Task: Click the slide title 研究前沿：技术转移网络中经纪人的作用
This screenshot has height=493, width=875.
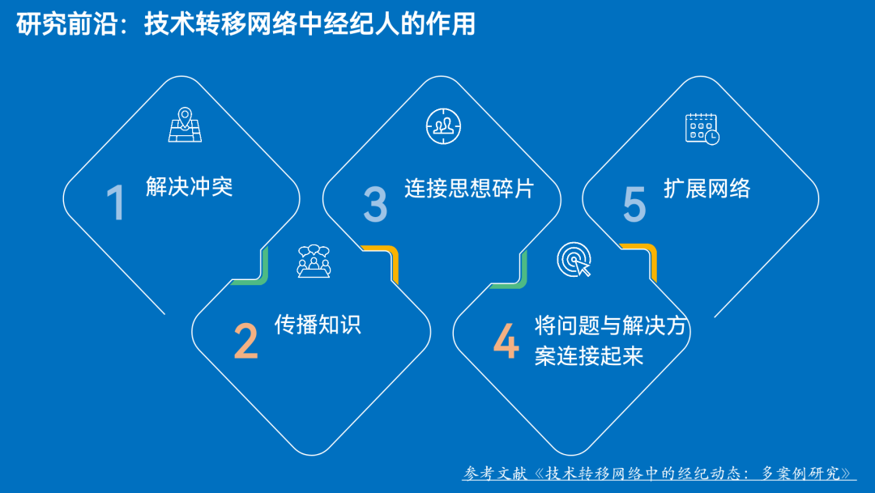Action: pyautogui.click(x=245, y=24)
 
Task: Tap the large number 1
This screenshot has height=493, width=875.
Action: pyautogui.click(x=117, y=203)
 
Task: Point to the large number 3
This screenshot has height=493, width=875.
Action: pyautogui.click(x=375, y=203)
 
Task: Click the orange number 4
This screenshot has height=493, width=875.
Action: pyautogui.click(x=506, y=342)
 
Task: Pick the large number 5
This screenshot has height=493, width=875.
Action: pyautogui.click(x=634, y=203)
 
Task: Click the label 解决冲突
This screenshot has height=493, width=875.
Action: pyautogui.click(x=190, y=187)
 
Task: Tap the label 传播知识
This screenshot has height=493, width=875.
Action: pyautogui.click(x=318, y=325)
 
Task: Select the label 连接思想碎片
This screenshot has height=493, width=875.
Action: pyautogui.click(x=470, y=188)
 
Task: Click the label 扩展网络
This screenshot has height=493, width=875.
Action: pyautogui.click(x=706, y=188)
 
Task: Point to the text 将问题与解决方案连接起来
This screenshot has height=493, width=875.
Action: pyautogui.click(x=611, y=341)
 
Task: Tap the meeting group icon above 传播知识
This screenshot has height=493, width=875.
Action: pyautogui.click(x=314, y=261)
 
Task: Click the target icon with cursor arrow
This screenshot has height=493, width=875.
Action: pyautogui.click(x=574, y=261)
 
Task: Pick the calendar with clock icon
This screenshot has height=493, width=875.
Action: pyautogui.click(x=702, y=128)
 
